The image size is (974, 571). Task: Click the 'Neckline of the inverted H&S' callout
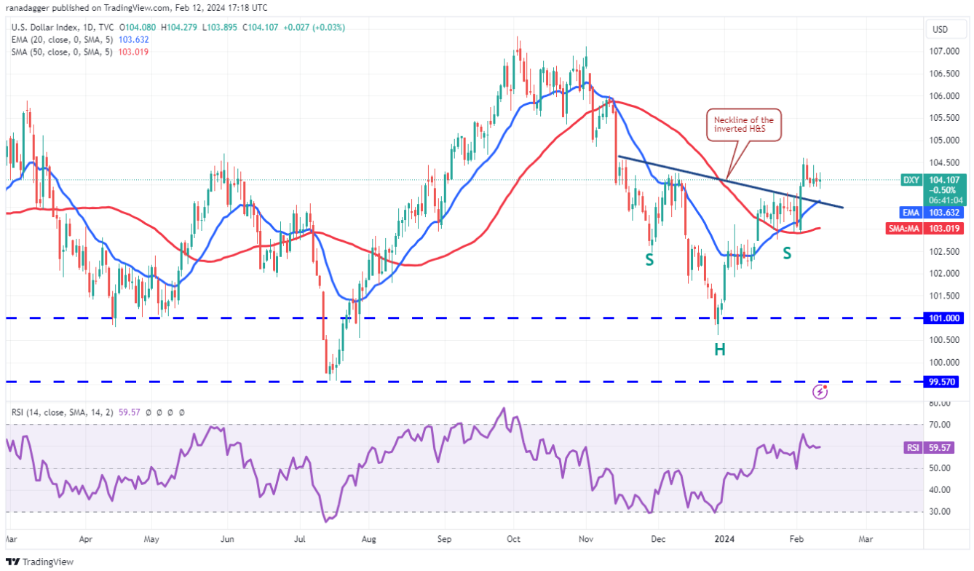pyautogui.click(x=743, y=124)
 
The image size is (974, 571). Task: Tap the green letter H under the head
pyautogui.click(x=719, y=350)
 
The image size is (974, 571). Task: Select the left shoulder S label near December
pyautogui.click(x=649, y=258)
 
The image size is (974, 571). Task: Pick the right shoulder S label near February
pyautogui.click(x=787, y=253)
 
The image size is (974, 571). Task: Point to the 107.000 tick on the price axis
pyautogui.click(x=946, y=51)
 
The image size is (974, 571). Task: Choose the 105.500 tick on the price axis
pyautogui.click(x=946, y=118)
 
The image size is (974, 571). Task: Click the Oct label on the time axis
pyautogui.click(x=514, y=540)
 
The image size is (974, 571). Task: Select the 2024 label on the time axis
pyautogui.click(x=724, y=540)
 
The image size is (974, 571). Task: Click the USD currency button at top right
pyautogui.click(x=941, y=30)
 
